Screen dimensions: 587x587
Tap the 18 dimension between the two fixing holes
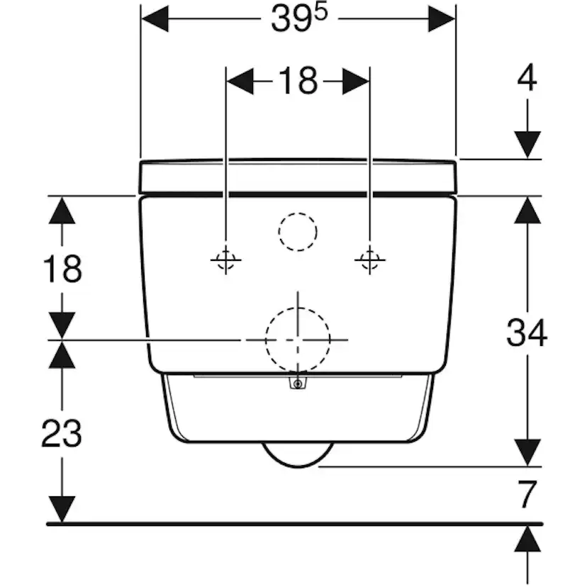297,82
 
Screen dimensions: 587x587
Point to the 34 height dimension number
527,332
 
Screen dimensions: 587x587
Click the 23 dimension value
62,434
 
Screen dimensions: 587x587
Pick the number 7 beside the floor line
525,495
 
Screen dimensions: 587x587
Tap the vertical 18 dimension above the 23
62,269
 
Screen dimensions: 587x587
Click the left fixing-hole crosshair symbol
225,261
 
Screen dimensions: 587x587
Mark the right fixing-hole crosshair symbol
369,261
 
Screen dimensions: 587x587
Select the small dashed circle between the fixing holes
298,231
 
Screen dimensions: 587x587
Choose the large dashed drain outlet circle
298,340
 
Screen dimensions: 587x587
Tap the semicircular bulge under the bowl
298,454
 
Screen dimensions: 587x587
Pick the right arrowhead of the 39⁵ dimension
441,19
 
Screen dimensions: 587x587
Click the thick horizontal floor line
284,524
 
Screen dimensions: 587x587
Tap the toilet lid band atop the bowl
298,176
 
